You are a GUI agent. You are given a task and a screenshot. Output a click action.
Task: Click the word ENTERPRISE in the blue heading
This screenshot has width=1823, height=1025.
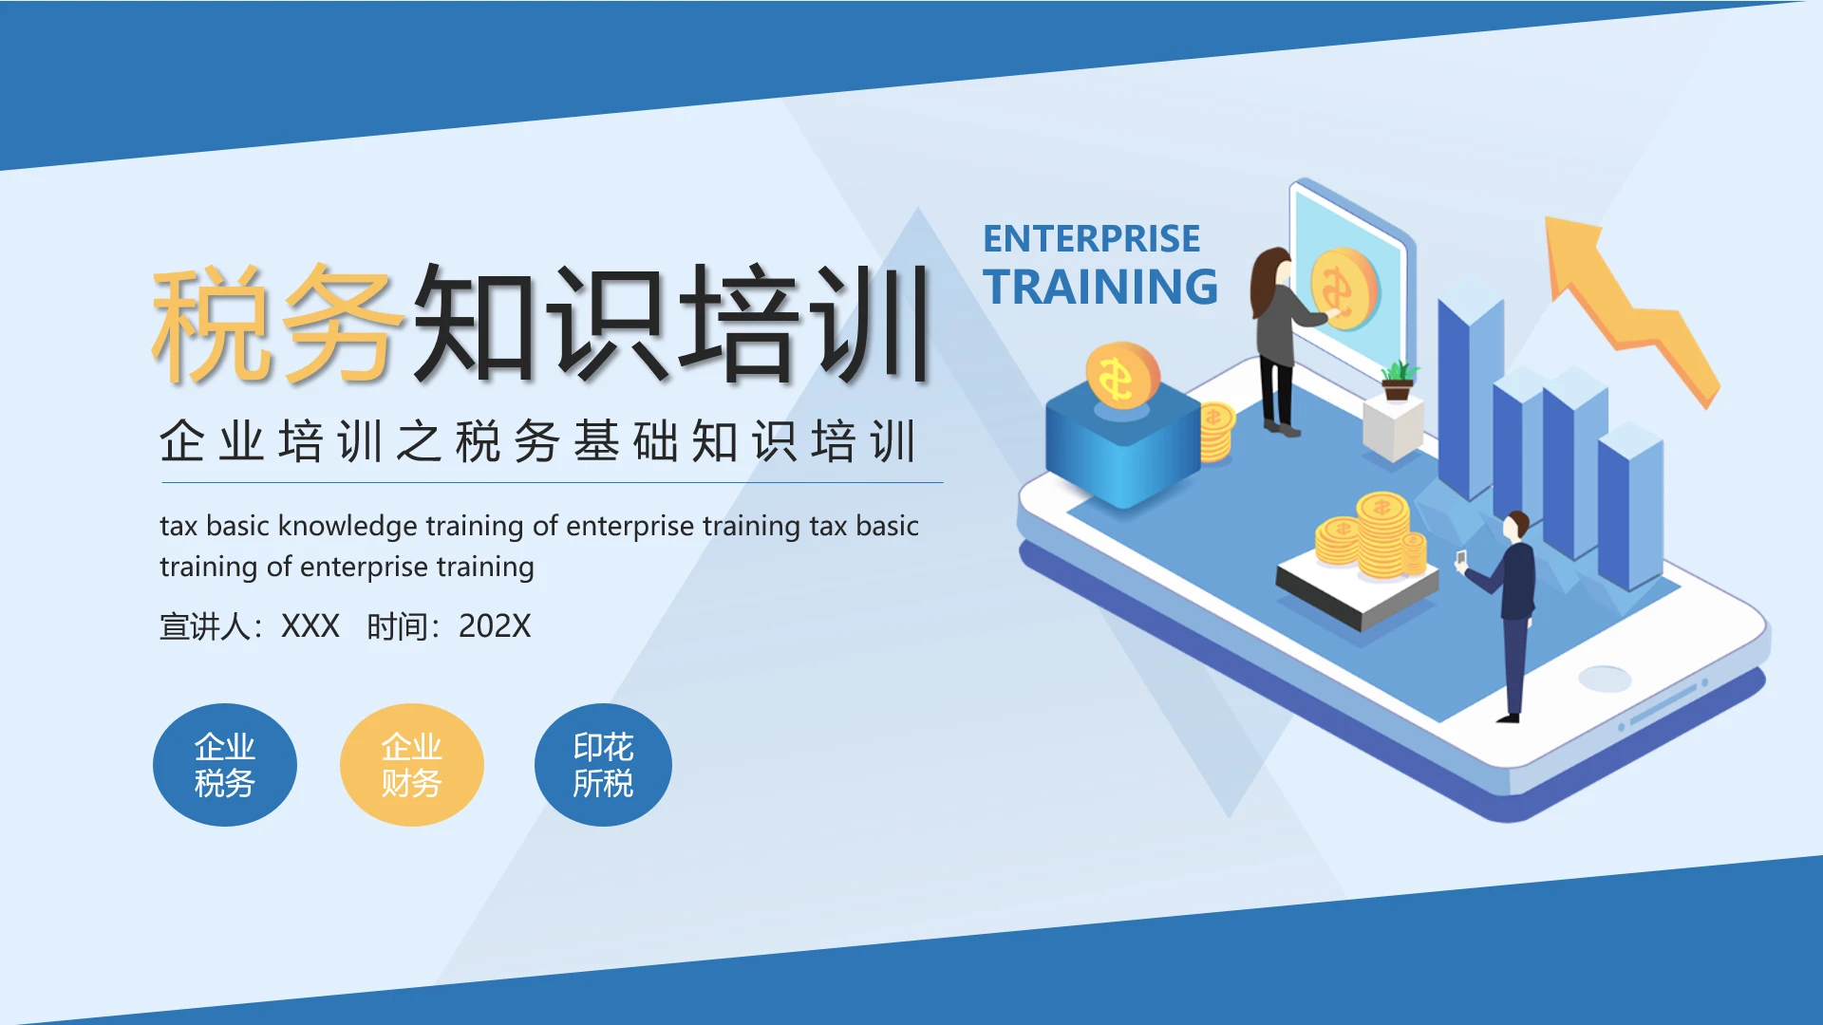click(x=1091, y=239)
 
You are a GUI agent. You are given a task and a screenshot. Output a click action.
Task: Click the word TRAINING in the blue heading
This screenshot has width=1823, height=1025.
click(x=1100, y=287)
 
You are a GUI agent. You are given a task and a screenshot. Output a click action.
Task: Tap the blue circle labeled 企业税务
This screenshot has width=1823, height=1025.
click(x=224, y=765)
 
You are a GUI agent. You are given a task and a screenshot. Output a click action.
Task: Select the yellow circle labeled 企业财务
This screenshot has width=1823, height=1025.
click(x=411, y=765)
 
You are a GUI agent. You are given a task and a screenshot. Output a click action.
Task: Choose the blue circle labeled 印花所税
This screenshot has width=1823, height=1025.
click(x=603, y=765)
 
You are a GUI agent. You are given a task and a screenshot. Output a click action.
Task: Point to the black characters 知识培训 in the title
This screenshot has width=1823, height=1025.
click(x=669, y=325)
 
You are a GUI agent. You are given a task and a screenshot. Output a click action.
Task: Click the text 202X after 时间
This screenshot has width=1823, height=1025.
click(x=494, y=626)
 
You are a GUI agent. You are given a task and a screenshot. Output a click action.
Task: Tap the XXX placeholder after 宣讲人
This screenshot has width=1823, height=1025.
click(x=310, y=626)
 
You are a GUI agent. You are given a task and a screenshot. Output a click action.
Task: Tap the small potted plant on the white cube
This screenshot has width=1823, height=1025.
click(x=1397, y=380)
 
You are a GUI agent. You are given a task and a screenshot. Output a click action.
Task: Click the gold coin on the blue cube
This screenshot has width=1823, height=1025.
click(x=1122, y=376)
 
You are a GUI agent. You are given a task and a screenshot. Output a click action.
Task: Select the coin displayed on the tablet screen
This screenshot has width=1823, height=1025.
click(x=1344, y=289)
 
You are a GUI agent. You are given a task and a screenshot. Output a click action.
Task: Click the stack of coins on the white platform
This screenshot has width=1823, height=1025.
click(x=1372, y=541)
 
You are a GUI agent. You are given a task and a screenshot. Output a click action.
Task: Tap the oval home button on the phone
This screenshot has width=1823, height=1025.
click(x=1605, y=679)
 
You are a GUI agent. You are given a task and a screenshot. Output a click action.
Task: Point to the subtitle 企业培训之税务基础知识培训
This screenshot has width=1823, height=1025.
click(x=537, y=442)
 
